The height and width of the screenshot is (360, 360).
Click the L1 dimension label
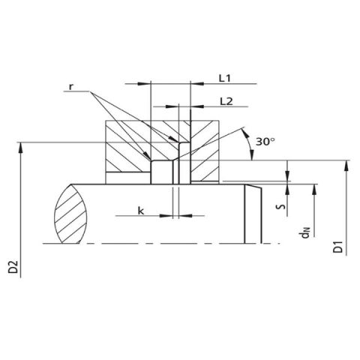[x=225, y=79]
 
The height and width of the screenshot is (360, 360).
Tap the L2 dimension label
[x=226, y=101]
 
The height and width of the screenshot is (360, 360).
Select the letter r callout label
[x=71, y=87]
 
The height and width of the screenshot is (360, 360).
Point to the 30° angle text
[x=265, y=142]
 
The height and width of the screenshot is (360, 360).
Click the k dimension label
[x=141, y=211]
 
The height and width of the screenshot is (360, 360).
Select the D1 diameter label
[x=338, y=247]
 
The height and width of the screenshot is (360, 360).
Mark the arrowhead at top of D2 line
[x=20, y=147]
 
